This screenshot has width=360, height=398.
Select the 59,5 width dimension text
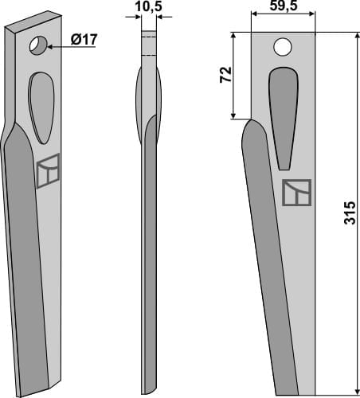285,8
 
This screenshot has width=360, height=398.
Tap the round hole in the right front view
282,48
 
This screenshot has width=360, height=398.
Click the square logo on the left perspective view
48,170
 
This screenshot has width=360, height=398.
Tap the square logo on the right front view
296,193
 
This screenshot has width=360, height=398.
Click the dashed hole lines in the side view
147,43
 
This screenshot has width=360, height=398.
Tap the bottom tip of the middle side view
146,388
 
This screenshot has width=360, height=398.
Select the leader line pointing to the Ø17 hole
72,46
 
